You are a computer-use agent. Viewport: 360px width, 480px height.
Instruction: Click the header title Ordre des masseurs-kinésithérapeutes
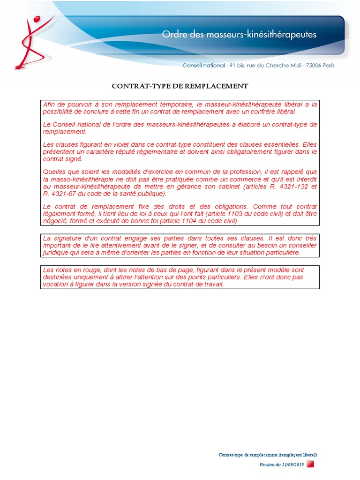click(239, 34)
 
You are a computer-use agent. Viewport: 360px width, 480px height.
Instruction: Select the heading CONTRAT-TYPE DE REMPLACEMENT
click(180, 86)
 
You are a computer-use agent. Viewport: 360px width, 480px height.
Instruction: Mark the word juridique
click(56, 253)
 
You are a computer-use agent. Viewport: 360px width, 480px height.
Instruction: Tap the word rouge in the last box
click(95, 270)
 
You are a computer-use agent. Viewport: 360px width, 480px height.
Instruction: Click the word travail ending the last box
click(212, 284)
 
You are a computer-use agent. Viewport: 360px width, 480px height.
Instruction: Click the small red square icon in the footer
click(310, 464)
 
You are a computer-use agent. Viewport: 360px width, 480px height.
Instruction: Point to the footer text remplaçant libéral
click(297, 455)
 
